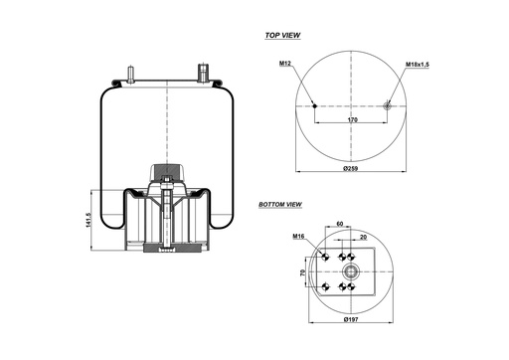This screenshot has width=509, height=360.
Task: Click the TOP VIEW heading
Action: pyautogui.click(x=282, y=35)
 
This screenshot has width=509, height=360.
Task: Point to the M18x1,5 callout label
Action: pyautogui.click(x=419, y=65)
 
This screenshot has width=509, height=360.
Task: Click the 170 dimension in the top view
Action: pyautogui.click(x=352, y=120)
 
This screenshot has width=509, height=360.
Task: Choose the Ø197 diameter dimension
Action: pyautogui.click(x=350, y=320)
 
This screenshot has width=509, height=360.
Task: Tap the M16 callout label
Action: pyautogui.click(x=297, y=237)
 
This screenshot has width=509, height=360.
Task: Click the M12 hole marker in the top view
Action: pyautogui.click(x=315, y=106)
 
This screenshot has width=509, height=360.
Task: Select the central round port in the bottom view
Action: pyautogui.click(x=350, y=270)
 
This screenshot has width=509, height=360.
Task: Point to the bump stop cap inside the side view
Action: pyautogui.click(x=167, y=168)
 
